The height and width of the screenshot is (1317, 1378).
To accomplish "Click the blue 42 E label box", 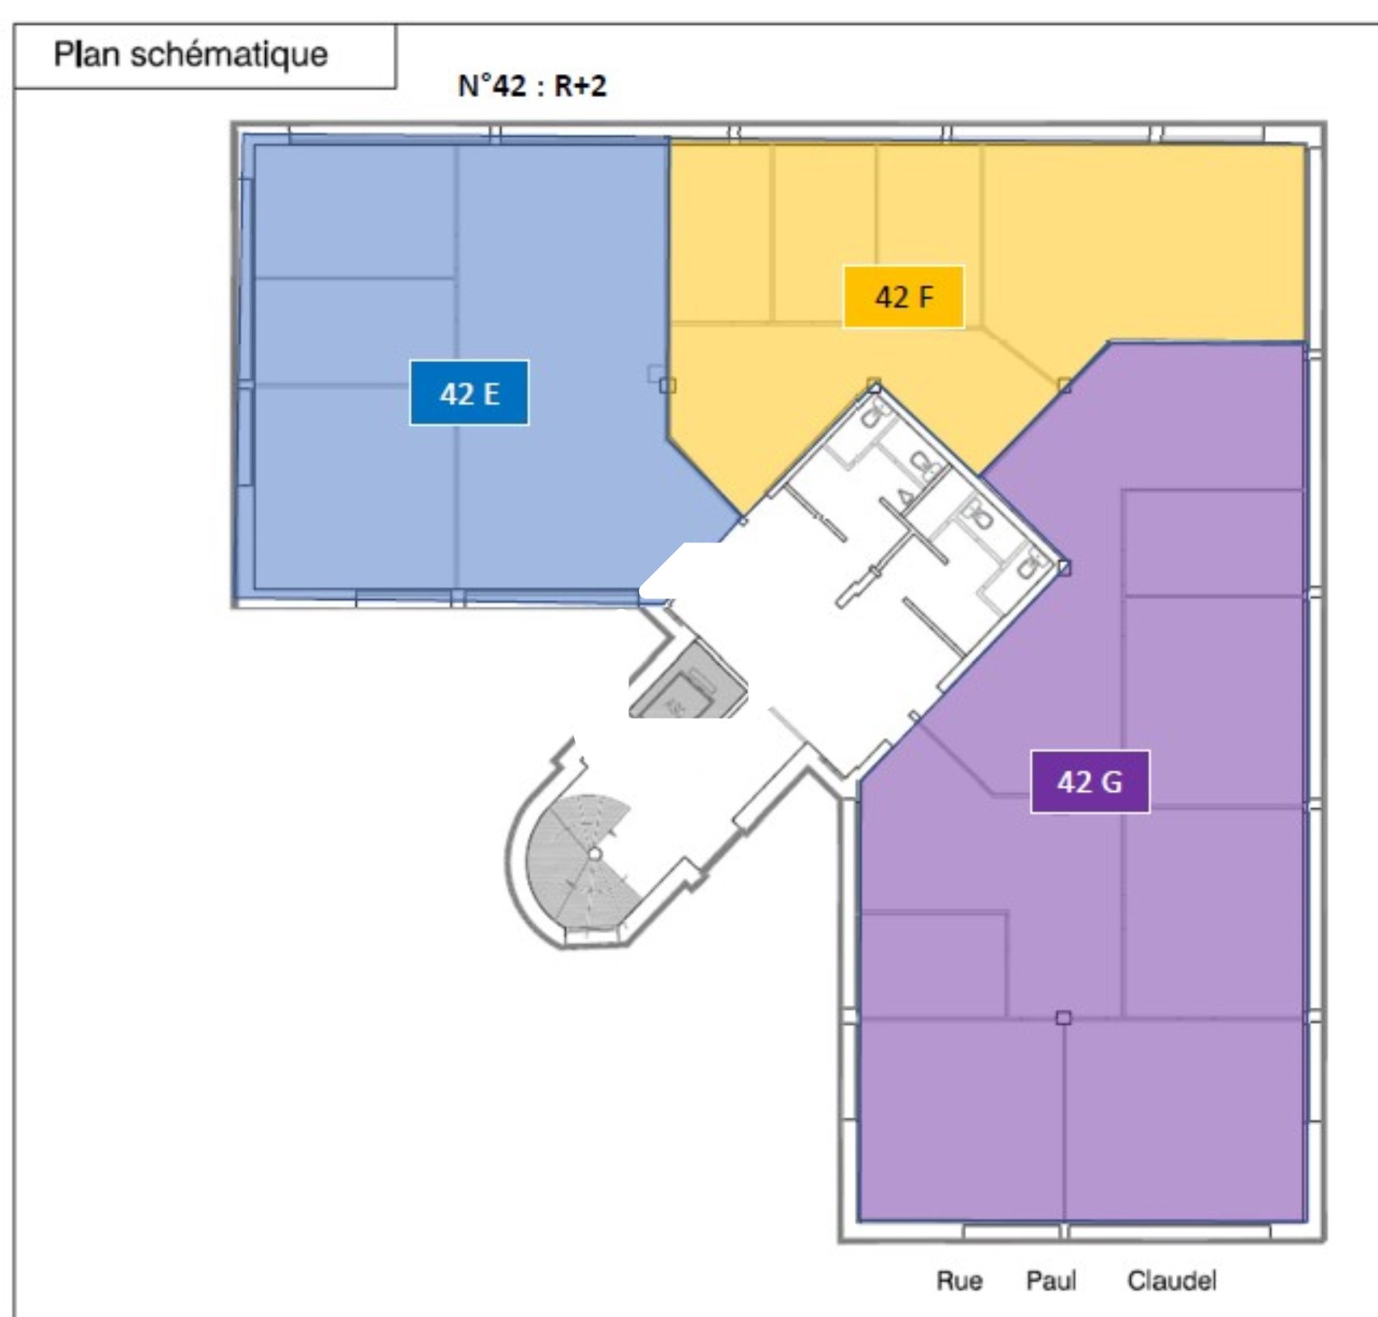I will [x=469, y=393].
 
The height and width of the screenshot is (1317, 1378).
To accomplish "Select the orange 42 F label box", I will [x=904, y=297].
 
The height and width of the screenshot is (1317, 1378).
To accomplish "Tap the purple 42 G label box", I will [x=1090, y=781].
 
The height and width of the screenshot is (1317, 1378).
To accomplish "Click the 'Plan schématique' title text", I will [x=190, y=54].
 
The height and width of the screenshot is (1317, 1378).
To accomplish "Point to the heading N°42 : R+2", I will [x=532, y=86].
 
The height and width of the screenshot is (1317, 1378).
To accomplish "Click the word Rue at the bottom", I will [x=959, y=1281].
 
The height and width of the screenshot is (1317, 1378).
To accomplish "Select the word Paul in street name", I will [x=1050, y=1281].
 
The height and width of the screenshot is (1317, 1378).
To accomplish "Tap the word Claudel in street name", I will [x=1171, y=1281].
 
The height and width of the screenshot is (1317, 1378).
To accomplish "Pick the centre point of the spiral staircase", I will [x=595, y=854].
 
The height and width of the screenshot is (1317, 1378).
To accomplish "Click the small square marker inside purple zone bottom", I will [x=1063, y=1018].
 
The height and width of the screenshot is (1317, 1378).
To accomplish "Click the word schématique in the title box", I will [x=229, y=54].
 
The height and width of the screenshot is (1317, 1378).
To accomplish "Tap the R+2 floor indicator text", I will [x=580, y=86].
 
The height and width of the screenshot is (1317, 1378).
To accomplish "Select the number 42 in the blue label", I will [x=456, y=393].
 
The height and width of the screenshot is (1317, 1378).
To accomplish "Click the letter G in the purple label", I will [x=1111, y=782].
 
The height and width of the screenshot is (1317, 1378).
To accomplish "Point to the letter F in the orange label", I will [x=925, y=297].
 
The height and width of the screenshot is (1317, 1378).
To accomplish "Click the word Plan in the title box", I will [x=86, y=54].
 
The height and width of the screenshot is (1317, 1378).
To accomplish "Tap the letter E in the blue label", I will [x=491, y=393].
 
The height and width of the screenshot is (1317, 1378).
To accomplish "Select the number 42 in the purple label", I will [x=1074, y=782].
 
